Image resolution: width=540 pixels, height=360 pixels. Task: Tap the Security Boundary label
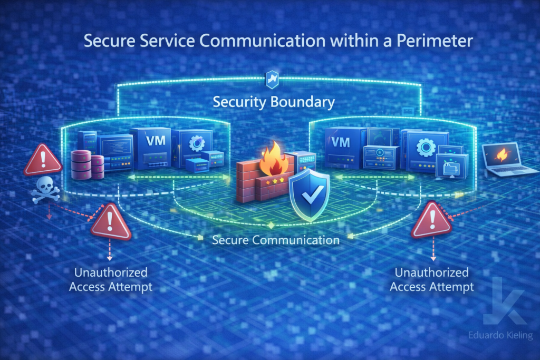pos(273,102)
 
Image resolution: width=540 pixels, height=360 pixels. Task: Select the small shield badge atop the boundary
pos(270,79)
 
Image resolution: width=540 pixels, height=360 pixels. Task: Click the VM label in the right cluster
pos(342,141)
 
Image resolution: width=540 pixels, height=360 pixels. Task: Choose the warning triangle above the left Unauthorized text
pos(111,223)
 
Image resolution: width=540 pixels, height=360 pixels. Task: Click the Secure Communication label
pos(275,240)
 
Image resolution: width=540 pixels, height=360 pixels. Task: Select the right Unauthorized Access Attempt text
pos(431,280)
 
